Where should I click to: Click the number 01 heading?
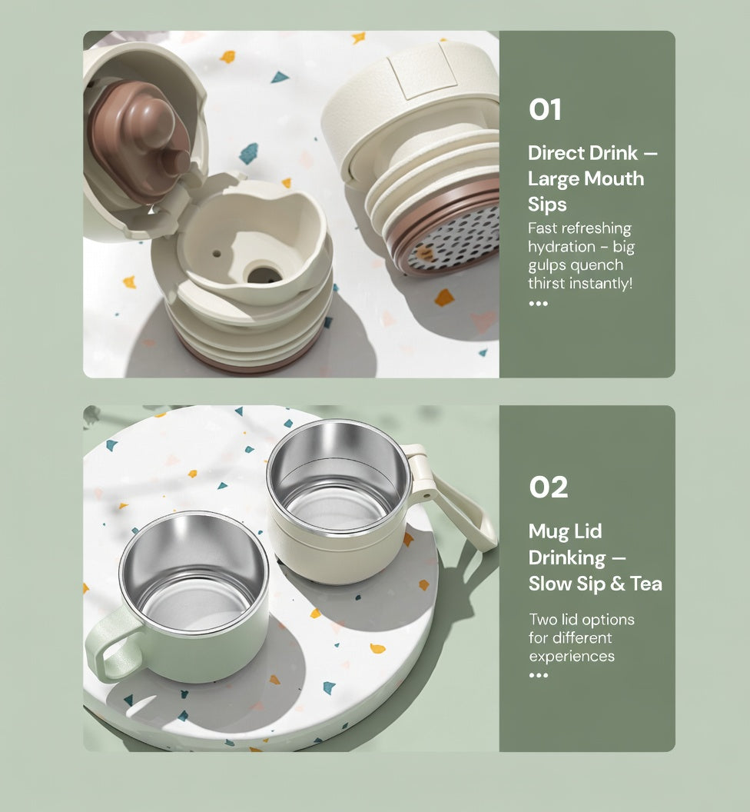(x=545, y=110)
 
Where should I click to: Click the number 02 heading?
(x=548, y=488)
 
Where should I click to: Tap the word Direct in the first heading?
(x=556, y=153)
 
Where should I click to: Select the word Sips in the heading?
(x=547, y=205)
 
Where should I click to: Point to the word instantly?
(x=603, y=284)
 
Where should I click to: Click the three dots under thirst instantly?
(x=538, y=304)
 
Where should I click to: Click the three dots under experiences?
(x=538, y=675)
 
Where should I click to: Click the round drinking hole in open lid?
(x=262, y=272)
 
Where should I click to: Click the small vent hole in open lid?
(x=217, y=252)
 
